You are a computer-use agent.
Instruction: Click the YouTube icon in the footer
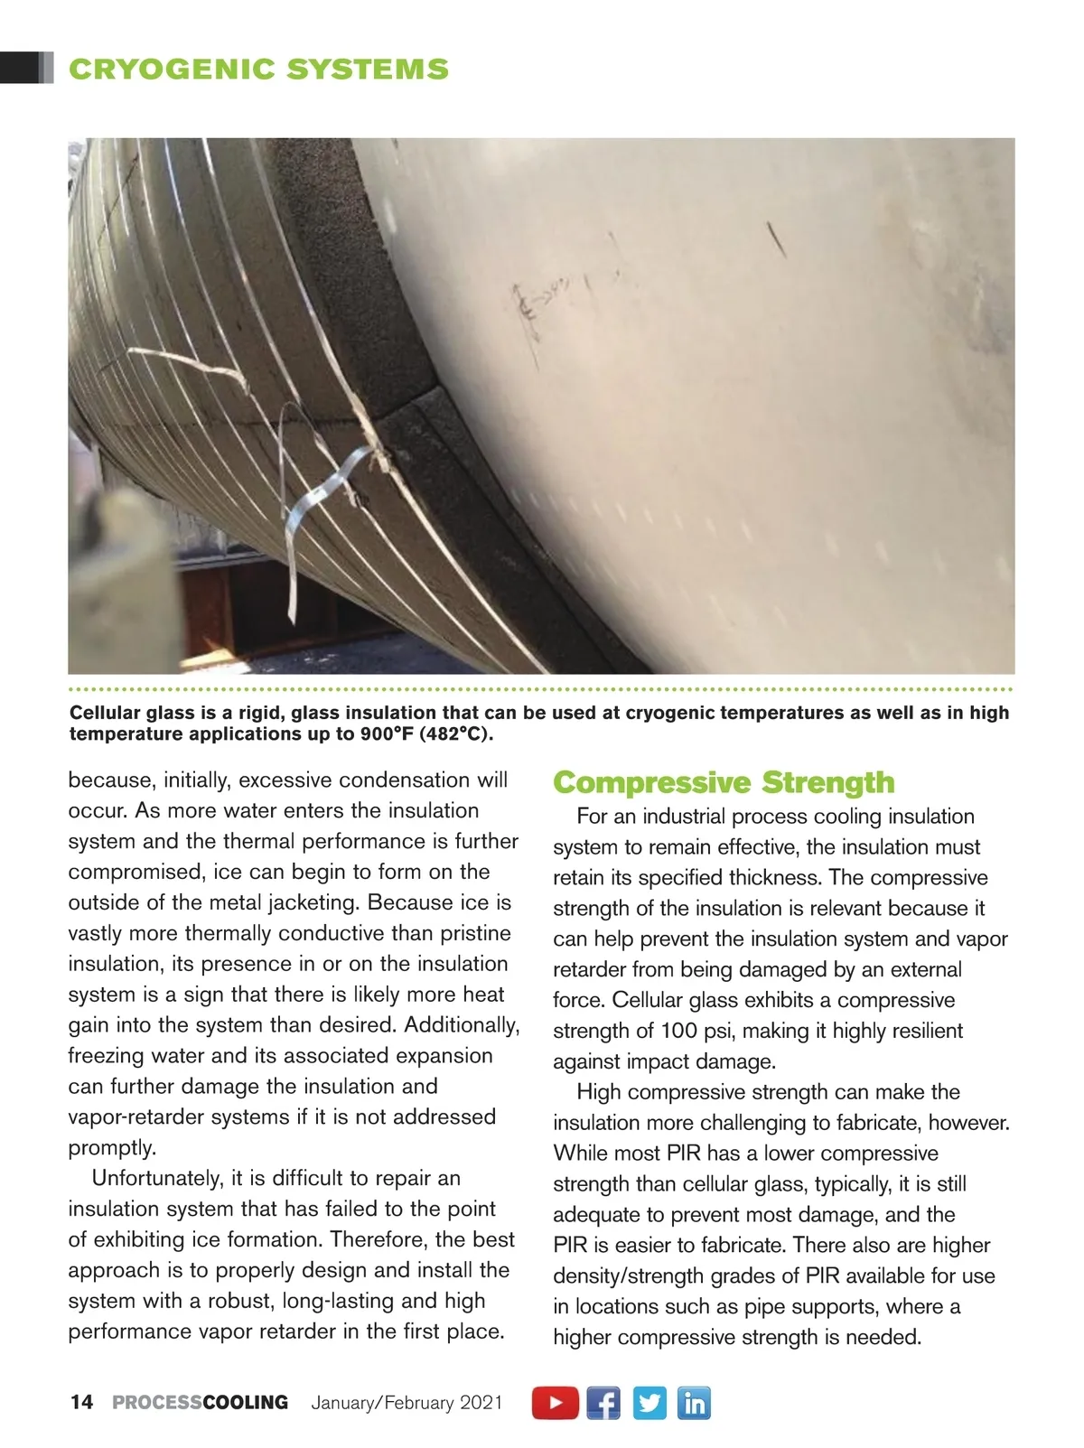(x=555, y=1403)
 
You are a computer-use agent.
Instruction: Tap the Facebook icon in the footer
(x=603, y=1403)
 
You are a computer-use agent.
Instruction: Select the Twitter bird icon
(x=649, y=1403)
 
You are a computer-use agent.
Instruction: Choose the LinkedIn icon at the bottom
(x=694, y=1403)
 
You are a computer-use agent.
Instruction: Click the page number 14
(x=81, y=1402)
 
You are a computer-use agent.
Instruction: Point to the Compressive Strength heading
(x=724, y=782)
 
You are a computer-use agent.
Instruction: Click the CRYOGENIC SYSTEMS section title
(x=258, y=70)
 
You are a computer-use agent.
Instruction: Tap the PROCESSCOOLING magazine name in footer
(x=200, y=1402)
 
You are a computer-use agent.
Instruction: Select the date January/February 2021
(x=406, y=1403)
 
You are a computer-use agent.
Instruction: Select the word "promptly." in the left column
(x=113, y=1147)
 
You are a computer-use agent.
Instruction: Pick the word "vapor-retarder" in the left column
(x=134, y=1116)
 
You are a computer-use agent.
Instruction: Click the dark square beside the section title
(x=22, y=69)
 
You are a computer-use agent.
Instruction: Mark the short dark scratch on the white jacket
(x=776, y=238)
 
